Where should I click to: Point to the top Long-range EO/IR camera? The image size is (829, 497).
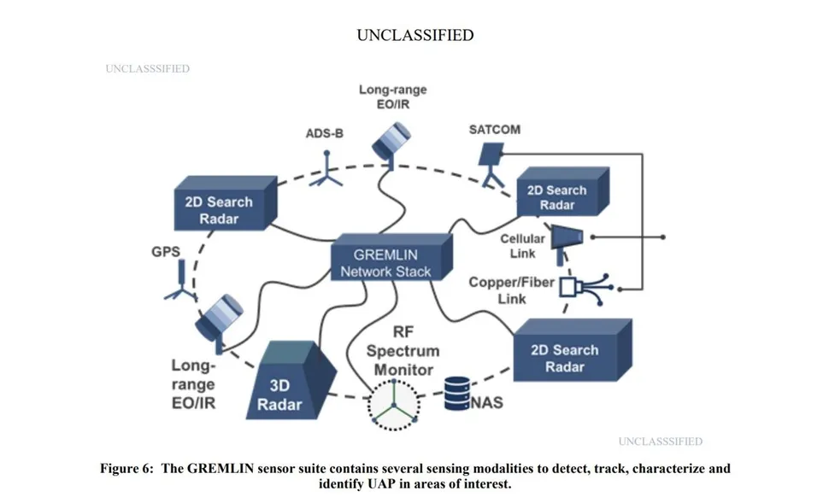pyautogui.click(x=392, y=142)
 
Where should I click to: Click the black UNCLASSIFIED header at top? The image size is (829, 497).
pyautogui.click(x=414, y=35)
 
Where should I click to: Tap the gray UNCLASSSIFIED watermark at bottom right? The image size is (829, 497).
pyautogui.click(x=660, y=441)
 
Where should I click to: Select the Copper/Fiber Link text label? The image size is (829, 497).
pyautogui.click(x=511, y=290)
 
